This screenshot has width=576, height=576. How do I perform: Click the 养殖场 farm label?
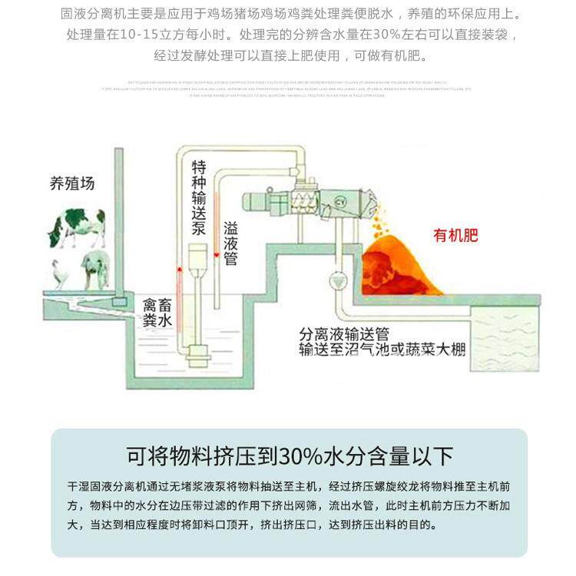tap(72, 184)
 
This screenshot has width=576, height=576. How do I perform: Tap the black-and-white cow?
tap(77, 227)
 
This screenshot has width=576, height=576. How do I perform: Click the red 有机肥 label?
tap(455, 235)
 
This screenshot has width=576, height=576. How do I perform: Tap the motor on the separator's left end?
tap(261, 200)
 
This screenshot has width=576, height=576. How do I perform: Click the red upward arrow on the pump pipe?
tap(179, 270)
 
